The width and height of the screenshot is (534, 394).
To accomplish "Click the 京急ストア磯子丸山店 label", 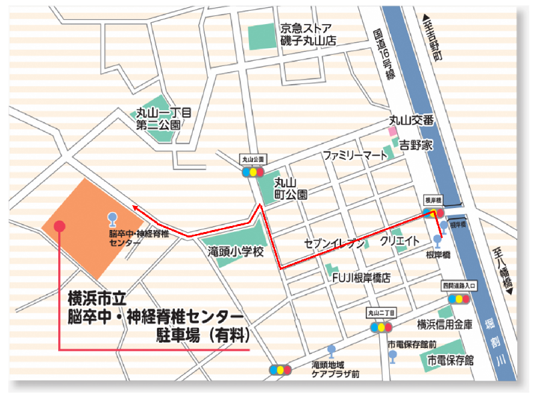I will [308, 34].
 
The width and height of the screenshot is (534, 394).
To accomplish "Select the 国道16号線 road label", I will [384, 57].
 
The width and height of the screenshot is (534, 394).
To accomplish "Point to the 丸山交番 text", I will [411, 121].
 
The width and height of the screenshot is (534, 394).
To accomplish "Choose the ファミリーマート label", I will [355, 155].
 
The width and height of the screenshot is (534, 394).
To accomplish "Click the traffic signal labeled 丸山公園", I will [253, 171].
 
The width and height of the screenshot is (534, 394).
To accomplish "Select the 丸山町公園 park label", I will [292, 188].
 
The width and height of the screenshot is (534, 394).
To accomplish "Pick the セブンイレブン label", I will [334, 243].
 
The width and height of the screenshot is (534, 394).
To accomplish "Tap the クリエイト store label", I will [400, 240].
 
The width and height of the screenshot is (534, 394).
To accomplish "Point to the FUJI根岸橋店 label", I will [360, 277].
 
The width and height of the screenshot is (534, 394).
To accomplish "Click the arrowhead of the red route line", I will [134, 209].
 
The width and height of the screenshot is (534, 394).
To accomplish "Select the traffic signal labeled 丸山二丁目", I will [381, 327].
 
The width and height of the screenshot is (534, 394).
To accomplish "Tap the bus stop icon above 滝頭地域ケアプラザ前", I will [331, 351].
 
